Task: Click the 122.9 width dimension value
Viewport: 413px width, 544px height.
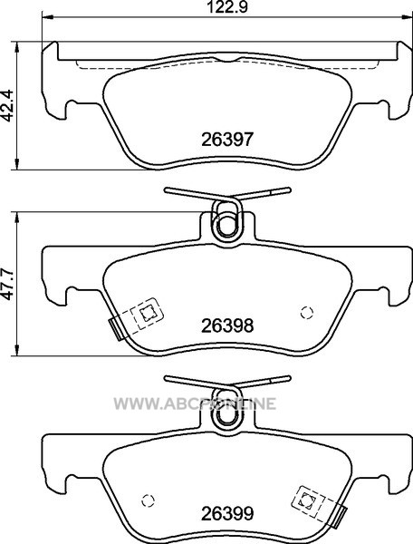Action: click(x=227, y=6)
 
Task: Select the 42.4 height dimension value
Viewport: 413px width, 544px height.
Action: click(x=7, y=105)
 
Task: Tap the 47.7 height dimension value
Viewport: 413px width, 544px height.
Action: click(x=7, y=284)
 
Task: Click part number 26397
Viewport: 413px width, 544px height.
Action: click(x=227, y=140)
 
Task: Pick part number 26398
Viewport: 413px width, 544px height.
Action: click(x=227, y=325)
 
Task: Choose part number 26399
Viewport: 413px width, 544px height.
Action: click(x=227, y=513)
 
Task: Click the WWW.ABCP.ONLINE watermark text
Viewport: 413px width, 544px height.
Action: click(x=195, y=403)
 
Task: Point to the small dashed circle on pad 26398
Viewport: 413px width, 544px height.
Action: click(x=307, y=313)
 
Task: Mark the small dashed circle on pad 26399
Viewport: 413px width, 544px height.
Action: click(x=148, y=500)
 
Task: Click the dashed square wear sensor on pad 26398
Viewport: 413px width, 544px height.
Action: click(x=147, y=314)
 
